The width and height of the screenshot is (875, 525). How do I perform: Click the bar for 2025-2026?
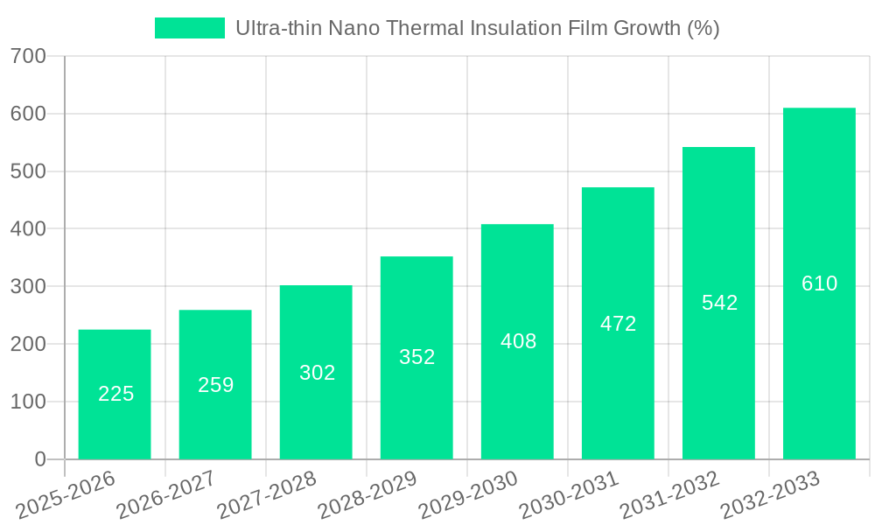115,394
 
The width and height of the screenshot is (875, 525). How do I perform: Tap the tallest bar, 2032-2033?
819,283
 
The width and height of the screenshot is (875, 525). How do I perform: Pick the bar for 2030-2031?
618,323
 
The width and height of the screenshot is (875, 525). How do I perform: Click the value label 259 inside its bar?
215,385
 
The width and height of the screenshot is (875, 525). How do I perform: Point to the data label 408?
518,341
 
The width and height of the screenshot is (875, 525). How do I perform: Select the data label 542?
719,303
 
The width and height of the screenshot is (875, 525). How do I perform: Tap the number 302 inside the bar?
317,373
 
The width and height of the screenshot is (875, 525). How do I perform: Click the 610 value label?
819,283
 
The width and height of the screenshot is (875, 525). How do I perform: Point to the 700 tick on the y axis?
29,57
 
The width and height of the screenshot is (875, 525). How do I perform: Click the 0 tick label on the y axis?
39,459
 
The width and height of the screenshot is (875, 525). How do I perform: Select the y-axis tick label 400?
29,229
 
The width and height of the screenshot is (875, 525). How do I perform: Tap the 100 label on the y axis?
29,402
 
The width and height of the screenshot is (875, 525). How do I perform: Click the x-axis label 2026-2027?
166,495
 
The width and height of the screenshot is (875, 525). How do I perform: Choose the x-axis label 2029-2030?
468,495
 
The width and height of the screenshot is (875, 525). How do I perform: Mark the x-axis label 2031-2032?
669,495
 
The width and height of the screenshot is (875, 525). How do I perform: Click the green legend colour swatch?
190,28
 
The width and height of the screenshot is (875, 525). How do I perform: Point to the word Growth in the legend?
644,28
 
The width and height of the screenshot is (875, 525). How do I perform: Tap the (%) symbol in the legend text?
703,28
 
